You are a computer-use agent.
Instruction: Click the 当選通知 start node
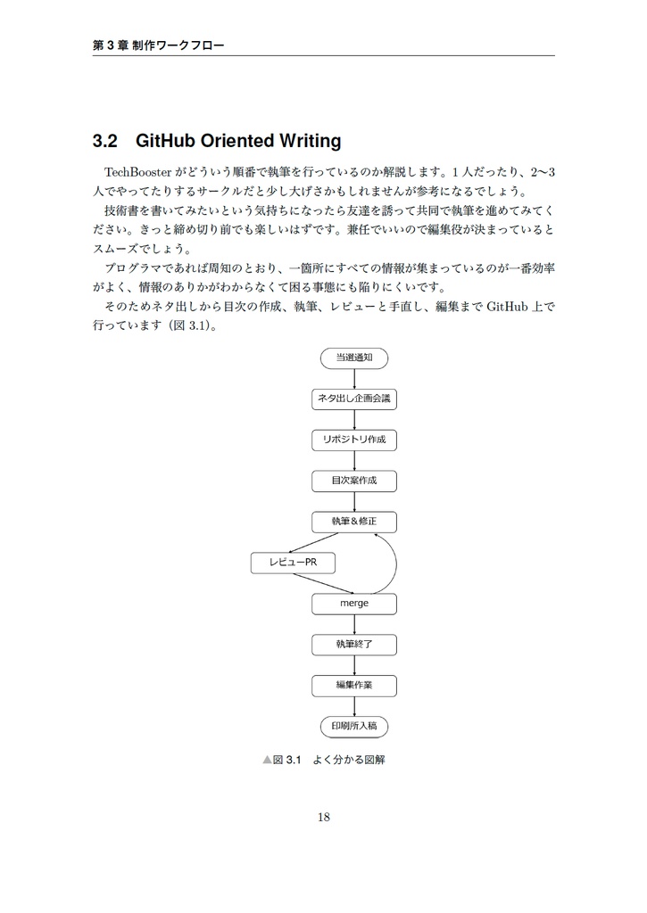coord(353,357)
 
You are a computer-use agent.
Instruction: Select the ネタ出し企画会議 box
coord(353,399)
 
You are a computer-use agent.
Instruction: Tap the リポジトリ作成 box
coord(353,440)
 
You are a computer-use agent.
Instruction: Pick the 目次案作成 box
coord(353,481)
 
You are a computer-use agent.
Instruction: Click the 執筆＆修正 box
coord(353,522)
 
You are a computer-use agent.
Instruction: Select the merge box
coord(353,604)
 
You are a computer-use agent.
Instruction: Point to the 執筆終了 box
coord(353,644)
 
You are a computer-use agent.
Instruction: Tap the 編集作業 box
coord(353,685)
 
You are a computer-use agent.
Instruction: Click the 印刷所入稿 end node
coord(353,726)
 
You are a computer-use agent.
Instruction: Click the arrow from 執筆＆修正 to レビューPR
coord(313,542)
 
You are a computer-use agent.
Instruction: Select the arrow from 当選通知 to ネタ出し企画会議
coord(354,378)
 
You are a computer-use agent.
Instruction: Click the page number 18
coord(323,817)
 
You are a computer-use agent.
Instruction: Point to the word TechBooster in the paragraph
coord(137,171)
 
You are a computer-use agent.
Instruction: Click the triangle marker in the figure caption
coord(267,761)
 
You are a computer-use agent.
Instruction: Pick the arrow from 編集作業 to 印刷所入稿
coord(354,706)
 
